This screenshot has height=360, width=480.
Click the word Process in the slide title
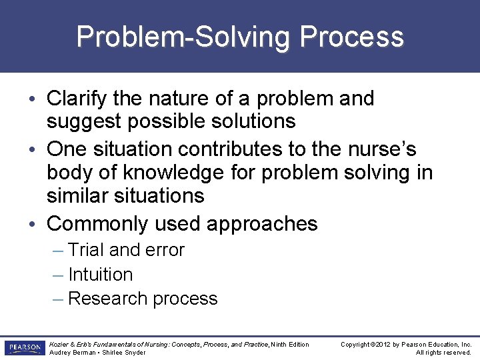point(351,37)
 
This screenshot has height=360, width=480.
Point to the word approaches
point(262,223)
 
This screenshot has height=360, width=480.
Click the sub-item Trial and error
point(126,250)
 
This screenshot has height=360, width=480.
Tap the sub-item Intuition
point(100,275)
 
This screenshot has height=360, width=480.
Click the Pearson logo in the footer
point(24,348)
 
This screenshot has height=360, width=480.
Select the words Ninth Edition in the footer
point(290,344)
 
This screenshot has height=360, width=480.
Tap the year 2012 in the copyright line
point(382,344)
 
